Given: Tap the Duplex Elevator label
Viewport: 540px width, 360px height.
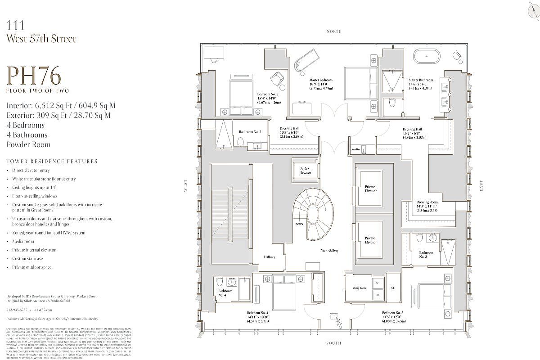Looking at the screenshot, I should point(305,170).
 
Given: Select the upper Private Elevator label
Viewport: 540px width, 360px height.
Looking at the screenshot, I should point(370,189).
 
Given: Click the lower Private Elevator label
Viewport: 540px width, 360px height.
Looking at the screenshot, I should point(370,240).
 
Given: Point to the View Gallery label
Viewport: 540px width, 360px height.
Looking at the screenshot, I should point(330,250).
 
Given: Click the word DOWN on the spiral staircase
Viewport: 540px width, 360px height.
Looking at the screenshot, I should point(299,224).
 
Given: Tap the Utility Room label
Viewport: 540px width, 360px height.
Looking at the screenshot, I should point(359,288).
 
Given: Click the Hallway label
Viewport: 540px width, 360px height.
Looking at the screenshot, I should point(270,257).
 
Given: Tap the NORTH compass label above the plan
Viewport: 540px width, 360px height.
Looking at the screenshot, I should point(334,31).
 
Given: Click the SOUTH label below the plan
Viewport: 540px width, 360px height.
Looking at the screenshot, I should point(334,344).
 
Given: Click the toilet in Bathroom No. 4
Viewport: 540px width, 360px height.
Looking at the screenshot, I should point(219,282).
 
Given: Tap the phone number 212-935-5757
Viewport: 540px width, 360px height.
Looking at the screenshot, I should point(17,310).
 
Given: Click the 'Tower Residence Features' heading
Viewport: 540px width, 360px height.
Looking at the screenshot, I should point(52,161).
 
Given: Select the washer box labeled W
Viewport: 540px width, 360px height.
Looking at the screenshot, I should point(377,284).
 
